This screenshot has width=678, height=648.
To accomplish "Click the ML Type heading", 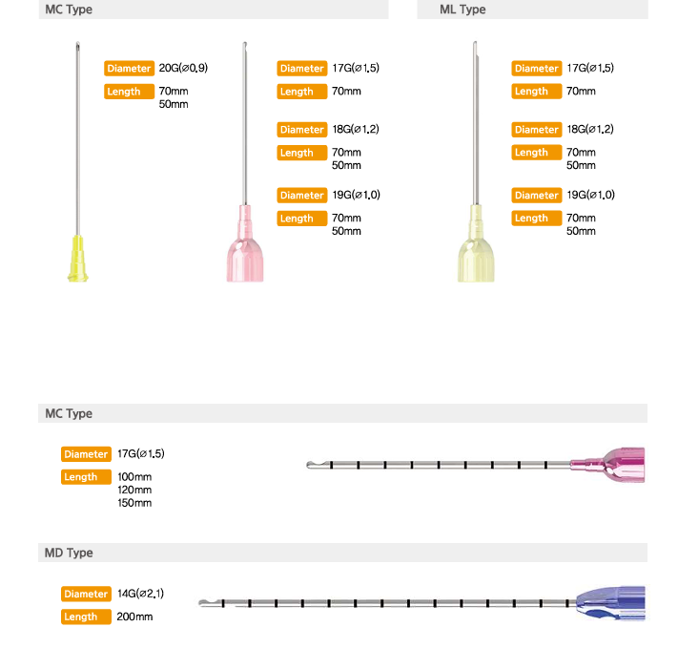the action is coord(462,10).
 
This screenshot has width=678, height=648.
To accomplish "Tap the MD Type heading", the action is coord(69,553).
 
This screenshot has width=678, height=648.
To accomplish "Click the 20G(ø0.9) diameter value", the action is coord(183,68).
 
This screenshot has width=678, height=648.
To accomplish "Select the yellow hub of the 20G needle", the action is coord(78,259).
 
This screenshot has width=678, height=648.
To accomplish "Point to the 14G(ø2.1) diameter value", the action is coord(140,594).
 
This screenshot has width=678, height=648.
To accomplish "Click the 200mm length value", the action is coord(134,617).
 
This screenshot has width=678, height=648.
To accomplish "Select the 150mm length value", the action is coord(134,503).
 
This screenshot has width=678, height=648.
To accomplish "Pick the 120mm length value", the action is coord(134,490).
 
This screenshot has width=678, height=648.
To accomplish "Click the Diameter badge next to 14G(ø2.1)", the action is coord(86,594).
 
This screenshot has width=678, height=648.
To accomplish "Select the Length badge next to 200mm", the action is coord(86,617).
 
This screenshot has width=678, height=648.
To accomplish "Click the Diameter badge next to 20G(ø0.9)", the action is coord(129,69).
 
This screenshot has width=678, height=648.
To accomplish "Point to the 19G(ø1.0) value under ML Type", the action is coord(590,195).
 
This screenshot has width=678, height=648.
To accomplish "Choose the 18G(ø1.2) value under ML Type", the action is coord(590,129).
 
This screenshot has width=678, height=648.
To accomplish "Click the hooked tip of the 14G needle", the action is coord(202,602).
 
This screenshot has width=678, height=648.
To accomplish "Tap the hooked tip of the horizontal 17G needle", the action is coord(311,465).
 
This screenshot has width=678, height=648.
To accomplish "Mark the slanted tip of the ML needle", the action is coord(475,44).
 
